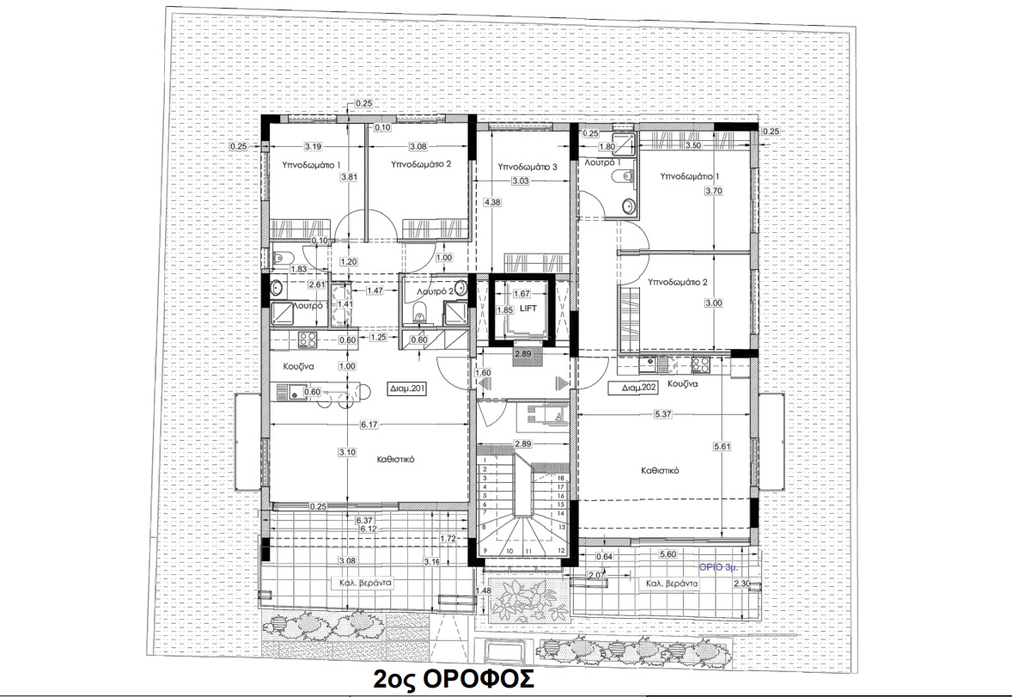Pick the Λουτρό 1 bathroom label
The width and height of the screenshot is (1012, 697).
point(602,162)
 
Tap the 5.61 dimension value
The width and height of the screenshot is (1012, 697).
point(722,447)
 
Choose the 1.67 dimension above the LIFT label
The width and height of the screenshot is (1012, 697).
point(521,293)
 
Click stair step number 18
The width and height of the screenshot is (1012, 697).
point(560,478)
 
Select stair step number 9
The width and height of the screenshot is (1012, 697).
point(485,551)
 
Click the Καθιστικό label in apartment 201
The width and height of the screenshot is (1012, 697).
point(396,460)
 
